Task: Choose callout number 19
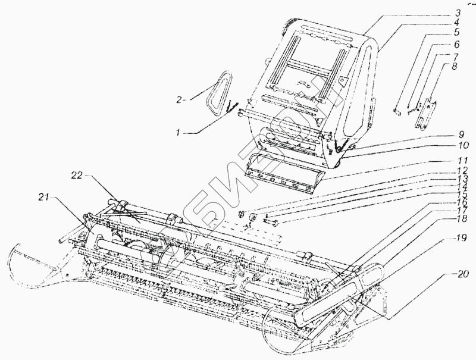coord(456,238)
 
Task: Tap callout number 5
coord(456,33)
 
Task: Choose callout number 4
coord(456,23)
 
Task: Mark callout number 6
coord(456,44)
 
